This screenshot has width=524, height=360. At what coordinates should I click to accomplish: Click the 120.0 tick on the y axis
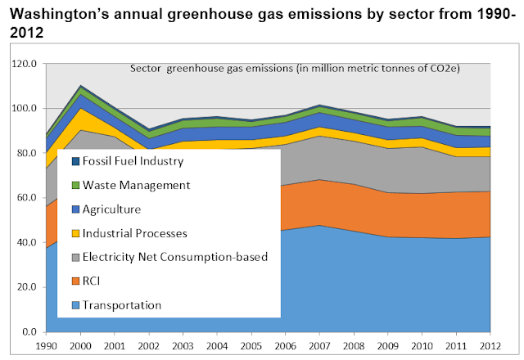click(25, 64)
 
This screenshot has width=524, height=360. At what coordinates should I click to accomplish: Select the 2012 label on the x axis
click(490, 346)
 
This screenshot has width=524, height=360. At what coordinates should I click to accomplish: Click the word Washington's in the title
click(60, 14)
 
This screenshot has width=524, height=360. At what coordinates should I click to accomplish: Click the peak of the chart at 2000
click(81, 85)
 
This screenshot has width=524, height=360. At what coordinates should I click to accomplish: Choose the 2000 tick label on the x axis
click(81, 346)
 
